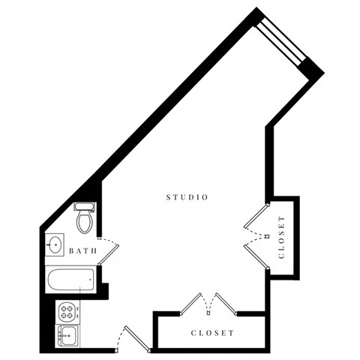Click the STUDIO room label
click(x=187, y=197)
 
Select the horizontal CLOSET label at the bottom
click(x=213, y=332)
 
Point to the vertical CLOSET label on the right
click(x=282, y=237)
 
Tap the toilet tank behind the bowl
click(x=83, y=206)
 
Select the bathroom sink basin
click(x=55, y=244)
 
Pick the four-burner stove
click(x=67, y=309)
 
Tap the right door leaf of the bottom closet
click(x=226, y=302)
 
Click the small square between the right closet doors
click(x=268, y=235)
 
